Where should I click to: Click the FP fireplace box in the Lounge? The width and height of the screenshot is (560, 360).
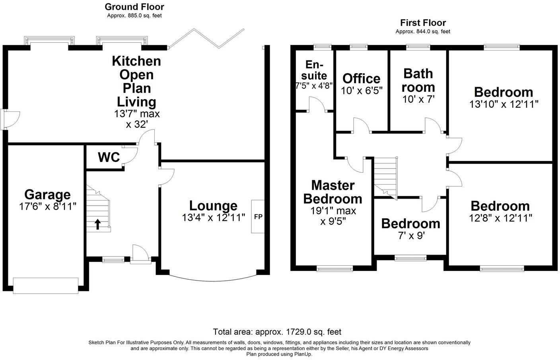tap(258, 216)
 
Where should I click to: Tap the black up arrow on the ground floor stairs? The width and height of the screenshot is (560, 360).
tap(97, 224)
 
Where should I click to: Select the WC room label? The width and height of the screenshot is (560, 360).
tap(109, 157)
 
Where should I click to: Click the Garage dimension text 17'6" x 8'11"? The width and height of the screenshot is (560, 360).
tap(47, 206)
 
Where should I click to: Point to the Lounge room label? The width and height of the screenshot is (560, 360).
tap(213, 206)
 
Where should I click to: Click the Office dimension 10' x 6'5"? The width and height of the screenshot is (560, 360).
tap(362, 91)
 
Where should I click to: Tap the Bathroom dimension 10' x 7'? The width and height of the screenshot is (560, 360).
tap(418, 99)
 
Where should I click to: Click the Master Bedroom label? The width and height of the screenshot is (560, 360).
tap(332, 191)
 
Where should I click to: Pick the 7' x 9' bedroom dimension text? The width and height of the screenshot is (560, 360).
tap(410, 236)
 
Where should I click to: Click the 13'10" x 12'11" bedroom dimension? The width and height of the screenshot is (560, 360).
tap(504, 104)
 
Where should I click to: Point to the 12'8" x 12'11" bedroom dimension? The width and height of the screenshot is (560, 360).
tap(500, 218)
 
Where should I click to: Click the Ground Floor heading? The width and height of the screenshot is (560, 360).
tap(134, 7)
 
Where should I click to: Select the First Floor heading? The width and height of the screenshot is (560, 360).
tap(423, 23)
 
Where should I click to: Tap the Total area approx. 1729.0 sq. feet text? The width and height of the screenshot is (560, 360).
tap(277, 332)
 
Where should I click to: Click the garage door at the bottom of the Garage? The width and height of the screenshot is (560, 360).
tap(45, 286)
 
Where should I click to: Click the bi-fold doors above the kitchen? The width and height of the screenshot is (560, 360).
tap(206, 39)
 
